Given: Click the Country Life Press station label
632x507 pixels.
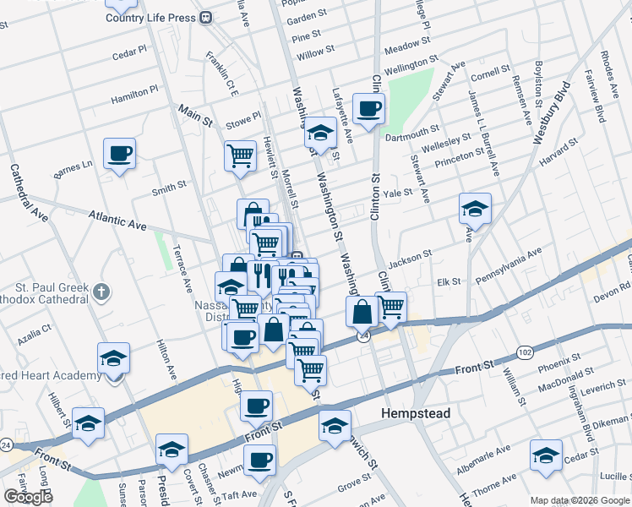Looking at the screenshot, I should [151, 17].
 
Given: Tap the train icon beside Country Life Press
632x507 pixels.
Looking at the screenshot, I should [206, 17].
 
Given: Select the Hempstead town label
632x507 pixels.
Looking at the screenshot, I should [416, 414].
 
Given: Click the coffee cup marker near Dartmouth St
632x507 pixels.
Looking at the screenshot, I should [369, 109].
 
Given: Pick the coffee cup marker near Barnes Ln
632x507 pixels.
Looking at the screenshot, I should [119, 155].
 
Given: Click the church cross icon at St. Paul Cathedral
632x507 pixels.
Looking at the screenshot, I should [101, 292].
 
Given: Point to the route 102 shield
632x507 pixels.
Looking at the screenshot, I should [526, 352].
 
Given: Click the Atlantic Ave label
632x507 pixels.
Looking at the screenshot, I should [117, 223].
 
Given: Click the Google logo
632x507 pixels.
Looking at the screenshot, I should [27, 497].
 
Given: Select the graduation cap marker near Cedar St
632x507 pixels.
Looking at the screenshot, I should [547, 455].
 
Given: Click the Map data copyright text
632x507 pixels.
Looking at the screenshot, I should [579, 500].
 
